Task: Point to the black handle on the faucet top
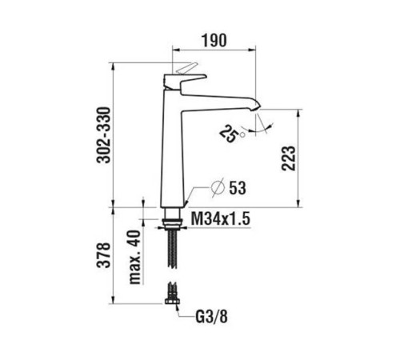click(x=181, y=79)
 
